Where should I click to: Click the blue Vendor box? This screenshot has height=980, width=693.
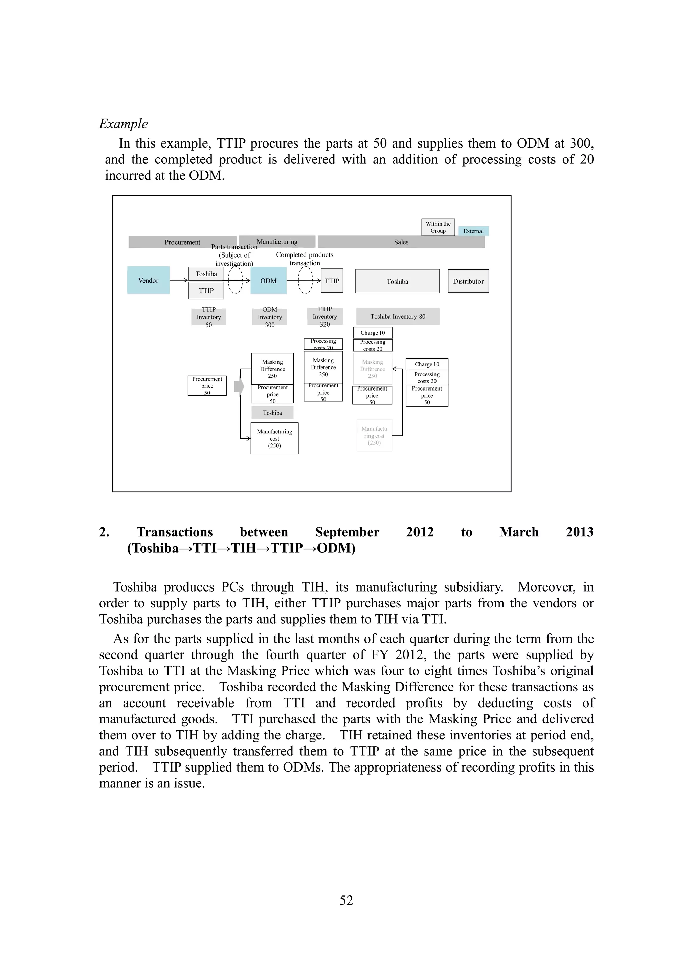point(148,281)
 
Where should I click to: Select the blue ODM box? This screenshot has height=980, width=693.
point(268,281)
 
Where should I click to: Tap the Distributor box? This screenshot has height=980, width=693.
point(468,281)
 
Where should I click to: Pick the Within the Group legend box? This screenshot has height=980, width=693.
point(438,227)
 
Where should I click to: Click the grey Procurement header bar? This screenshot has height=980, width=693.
point(182,242)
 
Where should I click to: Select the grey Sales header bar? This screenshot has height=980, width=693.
point(401,242)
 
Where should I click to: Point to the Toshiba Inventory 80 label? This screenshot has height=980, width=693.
point(398,317)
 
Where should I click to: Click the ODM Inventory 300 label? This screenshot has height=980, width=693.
point(270,317)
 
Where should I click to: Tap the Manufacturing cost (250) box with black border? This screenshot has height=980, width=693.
point(274,438)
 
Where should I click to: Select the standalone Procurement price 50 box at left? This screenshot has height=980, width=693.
point(207,386)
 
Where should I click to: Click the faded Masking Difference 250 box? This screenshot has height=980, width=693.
point(373,369)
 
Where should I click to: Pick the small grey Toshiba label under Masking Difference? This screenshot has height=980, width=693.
point(272,413)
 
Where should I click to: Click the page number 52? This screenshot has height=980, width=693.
point(346,900)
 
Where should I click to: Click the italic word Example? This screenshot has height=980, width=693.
point(123,124)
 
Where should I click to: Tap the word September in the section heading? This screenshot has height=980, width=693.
point(347,532)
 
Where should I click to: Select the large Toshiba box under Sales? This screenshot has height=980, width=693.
point(397,281)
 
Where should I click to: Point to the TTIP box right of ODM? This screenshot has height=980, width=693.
point(332,281)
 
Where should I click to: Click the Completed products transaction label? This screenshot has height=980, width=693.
point(304,259)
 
